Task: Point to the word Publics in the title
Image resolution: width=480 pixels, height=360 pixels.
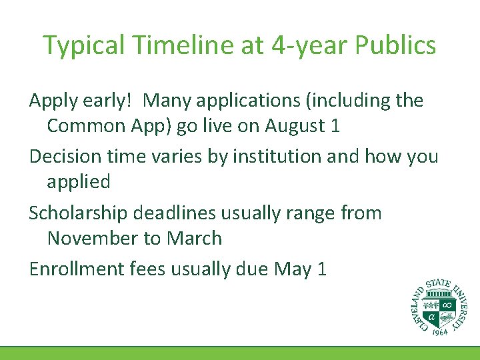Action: [397, 45]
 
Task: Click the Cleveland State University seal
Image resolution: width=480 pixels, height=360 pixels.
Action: [439, 305]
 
